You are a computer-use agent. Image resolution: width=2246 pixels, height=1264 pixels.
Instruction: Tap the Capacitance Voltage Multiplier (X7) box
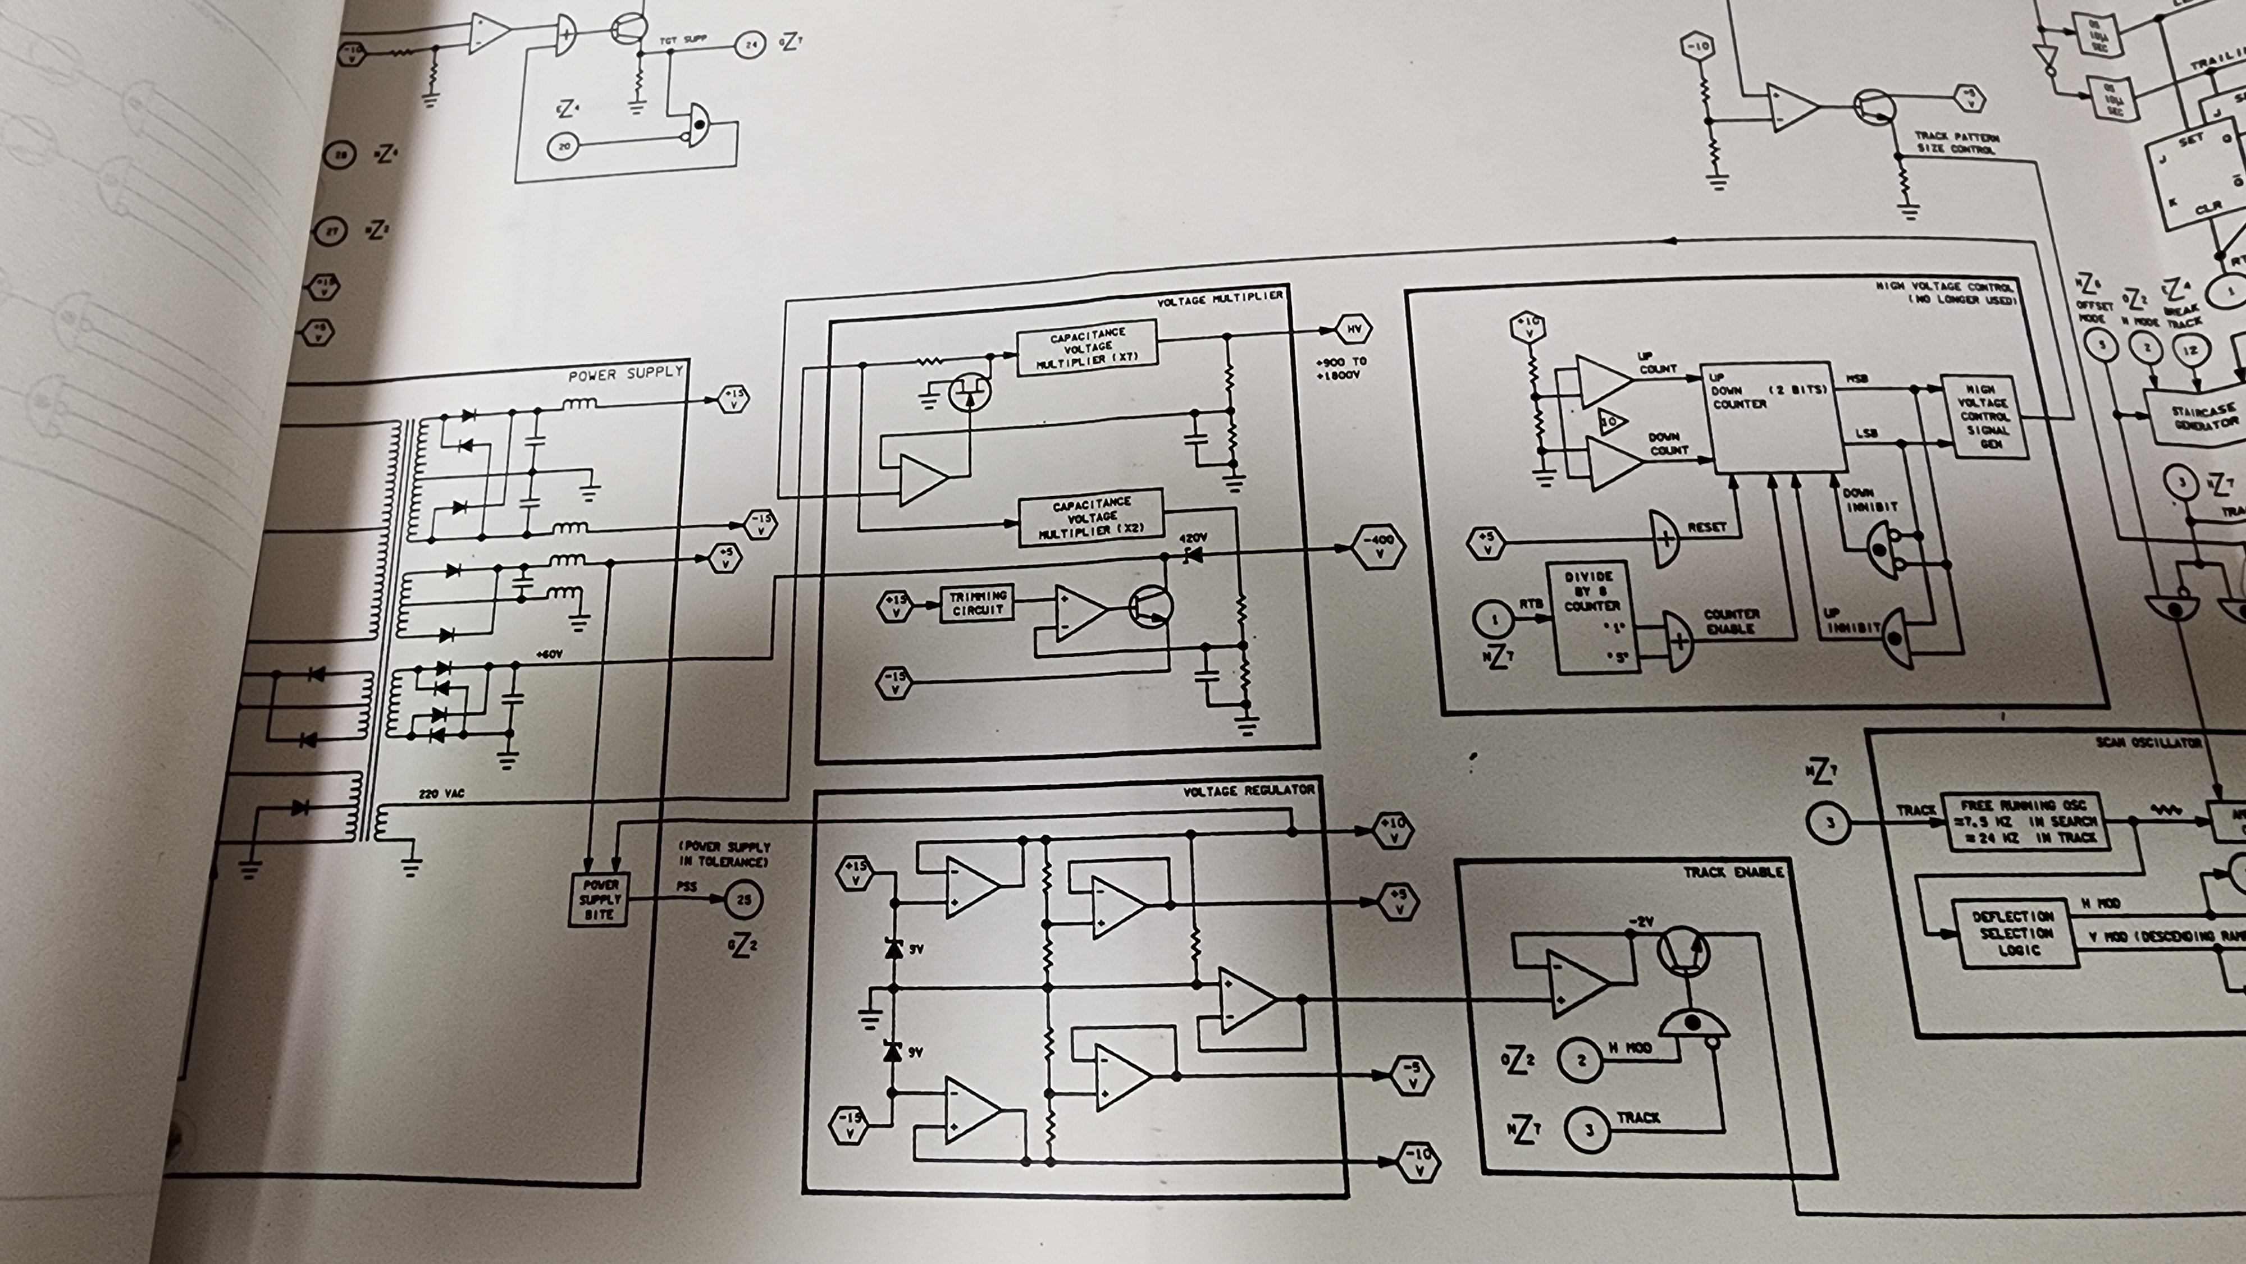[x=1087, y=347]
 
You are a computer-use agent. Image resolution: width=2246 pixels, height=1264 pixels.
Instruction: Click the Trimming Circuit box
[x=978, y=603]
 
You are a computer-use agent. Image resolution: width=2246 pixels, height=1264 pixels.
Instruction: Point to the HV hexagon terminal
[x=1353, y=329]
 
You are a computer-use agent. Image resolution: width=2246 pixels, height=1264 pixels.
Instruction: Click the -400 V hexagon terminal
[x=1378, y=547]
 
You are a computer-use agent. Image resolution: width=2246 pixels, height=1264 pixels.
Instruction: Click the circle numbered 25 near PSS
[x=743, y=900]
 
